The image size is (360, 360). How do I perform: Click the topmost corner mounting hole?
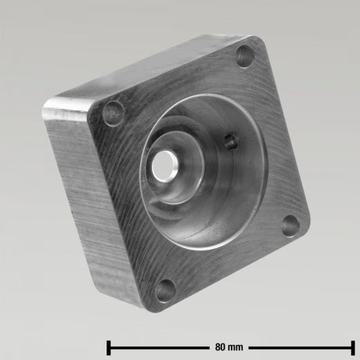245,56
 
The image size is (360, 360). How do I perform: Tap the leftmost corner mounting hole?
113,113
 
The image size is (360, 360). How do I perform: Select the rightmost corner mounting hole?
291,225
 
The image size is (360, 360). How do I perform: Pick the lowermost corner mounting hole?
165,290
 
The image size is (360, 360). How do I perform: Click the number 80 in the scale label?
220,347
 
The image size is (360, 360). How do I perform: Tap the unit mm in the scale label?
236,347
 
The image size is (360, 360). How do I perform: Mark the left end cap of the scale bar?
109,347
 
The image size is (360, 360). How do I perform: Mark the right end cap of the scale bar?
353,347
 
